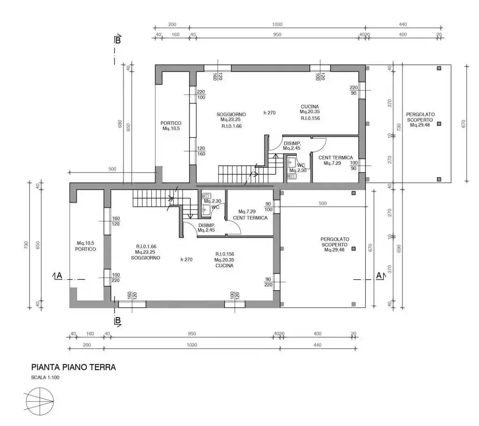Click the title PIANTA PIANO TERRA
[73, 367]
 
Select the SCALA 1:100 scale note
[45, 377]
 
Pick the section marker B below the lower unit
[117, 321]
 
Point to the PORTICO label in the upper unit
[171, 123]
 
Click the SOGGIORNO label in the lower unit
[146, 258]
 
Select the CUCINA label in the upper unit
[309, 107]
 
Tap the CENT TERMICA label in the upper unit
[335, 157]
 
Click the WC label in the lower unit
[215, 207]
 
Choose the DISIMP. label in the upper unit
[292, 143]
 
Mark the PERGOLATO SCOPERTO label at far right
[420, 117]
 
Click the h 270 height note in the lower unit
[186, 260]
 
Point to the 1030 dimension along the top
[277, 24]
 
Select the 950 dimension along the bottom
[192, 334]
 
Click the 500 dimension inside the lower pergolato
[322, 203]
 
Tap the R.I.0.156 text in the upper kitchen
[310, 118]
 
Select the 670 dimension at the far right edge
[464, 123]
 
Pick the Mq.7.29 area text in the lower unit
[247, 211]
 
